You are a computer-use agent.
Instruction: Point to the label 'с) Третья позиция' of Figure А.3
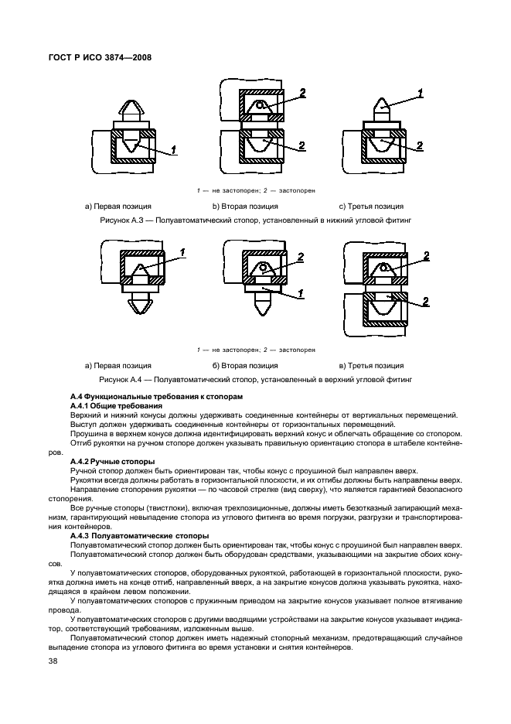click(371, 207)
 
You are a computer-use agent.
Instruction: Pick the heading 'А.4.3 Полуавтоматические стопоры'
click(139, 535)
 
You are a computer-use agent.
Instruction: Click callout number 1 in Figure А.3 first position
click(173, 149)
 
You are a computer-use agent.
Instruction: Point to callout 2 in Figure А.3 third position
click(419, 145)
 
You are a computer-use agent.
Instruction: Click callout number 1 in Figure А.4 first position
click(182, 251)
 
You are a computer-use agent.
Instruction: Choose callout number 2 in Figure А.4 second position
click(301, 256)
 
